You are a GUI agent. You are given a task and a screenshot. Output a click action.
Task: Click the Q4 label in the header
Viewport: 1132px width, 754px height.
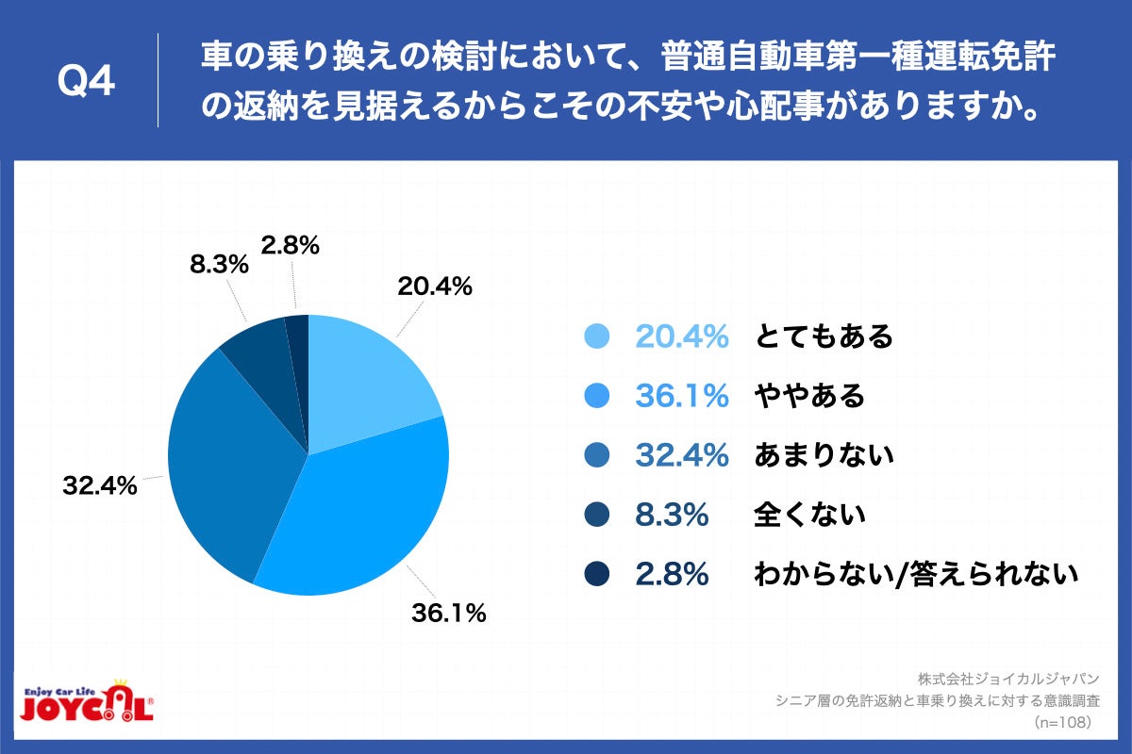[86, 82]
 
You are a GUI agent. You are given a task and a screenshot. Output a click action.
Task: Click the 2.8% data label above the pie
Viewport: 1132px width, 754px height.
[291, 246]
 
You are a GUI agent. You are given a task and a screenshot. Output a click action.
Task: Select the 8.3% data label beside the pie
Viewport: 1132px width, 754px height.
[219, 265]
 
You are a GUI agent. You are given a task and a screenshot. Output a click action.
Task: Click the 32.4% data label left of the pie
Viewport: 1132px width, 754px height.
[100, 486]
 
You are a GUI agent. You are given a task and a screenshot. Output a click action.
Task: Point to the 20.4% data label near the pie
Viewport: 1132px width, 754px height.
[435, 287]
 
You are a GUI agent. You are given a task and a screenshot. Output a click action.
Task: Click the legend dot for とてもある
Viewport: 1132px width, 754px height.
[598, 336]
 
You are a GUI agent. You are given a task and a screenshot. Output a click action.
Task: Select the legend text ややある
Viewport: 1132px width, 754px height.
[809, 396]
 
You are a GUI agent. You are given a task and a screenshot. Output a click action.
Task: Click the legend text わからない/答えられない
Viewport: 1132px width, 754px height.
[915, 574]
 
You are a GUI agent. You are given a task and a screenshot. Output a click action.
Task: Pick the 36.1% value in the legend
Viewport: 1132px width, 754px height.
[681, 396]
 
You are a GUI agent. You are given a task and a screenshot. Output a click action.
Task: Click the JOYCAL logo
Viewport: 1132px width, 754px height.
[86, 702]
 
